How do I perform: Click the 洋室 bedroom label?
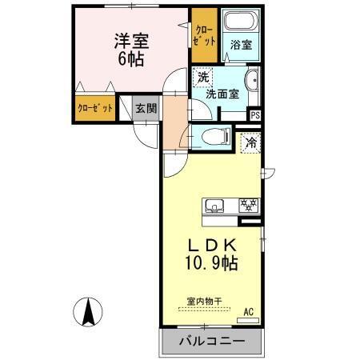130,40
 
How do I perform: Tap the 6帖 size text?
130,59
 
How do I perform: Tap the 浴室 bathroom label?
241,46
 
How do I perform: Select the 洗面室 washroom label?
222,93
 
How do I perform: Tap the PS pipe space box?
255,115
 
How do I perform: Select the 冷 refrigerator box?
250,143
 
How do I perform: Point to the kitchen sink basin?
215,206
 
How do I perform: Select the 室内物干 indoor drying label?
204,301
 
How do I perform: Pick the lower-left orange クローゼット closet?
94,108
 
